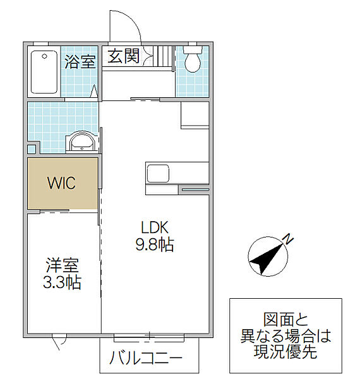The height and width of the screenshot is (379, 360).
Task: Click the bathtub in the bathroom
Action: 44,72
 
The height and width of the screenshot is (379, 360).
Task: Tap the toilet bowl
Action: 193,63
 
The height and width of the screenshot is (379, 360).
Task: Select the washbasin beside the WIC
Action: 81,142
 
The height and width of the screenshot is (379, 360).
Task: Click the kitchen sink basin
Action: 158,173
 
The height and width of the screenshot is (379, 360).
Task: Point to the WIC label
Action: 62,183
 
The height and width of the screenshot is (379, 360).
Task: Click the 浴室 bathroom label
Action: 80,62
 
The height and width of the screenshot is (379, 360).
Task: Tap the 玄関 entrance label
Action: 123,56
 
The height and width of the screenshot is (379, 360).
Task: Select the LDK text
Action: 155,227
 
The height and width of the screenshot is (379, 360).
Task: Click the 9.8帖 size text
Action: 155,244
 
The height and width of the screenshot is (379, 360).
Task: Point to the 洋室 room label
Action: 63,265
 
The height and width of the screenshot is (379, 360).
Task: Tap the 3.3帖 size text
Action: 62,282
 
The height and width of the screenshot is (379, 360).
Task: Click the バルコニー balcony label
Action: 145,358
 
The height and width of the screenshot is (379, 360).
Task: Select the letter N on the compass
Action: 288,239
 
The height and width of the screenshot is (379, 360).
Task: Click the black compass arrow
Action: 267,260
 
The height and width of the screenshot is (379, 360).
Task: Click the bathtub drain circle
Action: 44,57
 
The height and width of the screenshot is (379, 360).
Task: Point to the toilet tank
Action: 193,49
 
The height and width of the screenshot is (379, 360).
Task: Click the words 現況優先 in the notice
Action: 285,352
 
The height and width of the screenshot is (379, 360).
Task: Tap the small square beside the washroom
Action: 32,149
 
